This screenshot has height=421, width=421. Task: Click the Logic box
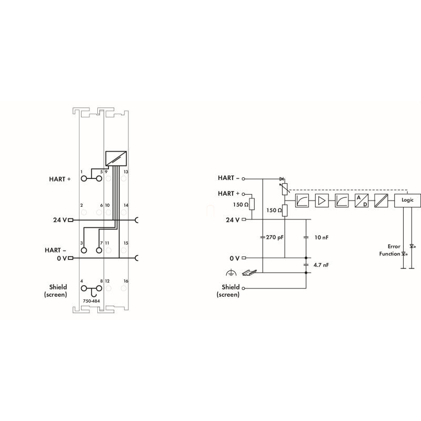(407, 201)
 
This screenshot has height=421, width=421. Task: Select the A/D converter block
(362, 201)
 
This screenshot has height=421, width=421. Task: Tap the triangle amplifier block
(322, 201)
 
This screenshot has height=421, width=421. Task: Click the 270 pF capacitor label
(275, 237)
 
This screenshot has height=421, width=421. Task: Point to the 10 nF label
(322, 237)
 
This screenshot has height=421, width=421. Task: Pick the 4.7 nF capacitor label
(321, 265)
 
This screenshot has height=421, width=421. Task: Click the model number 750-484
(91, 301)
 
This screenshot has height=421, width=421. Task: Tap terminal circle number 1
(84, 178)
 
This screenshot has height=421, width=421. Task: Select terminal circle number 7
(99, 250)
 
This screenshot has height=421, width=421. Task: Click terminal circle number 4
(84, 288)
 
